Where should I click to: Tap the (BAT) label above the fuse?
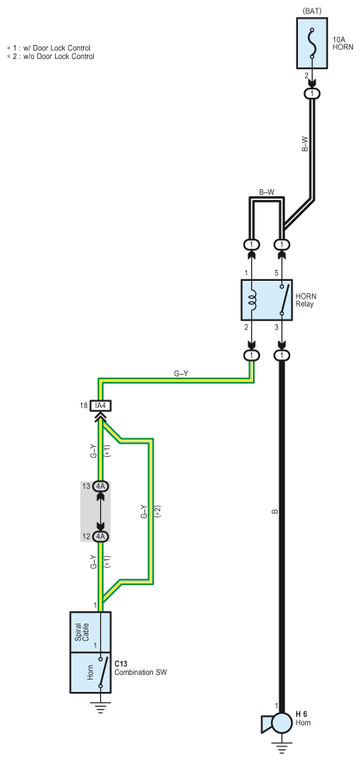pos(313,10)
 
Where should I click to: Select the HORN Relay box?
pos(267,300)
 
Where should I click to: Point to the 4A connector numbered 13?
pos(101,486)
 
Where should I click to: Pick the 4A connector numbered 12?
pos(101,537)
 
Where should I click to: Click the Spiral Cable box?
pos(91,632)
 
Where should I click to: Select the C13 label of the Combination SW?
pos(120,663)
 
